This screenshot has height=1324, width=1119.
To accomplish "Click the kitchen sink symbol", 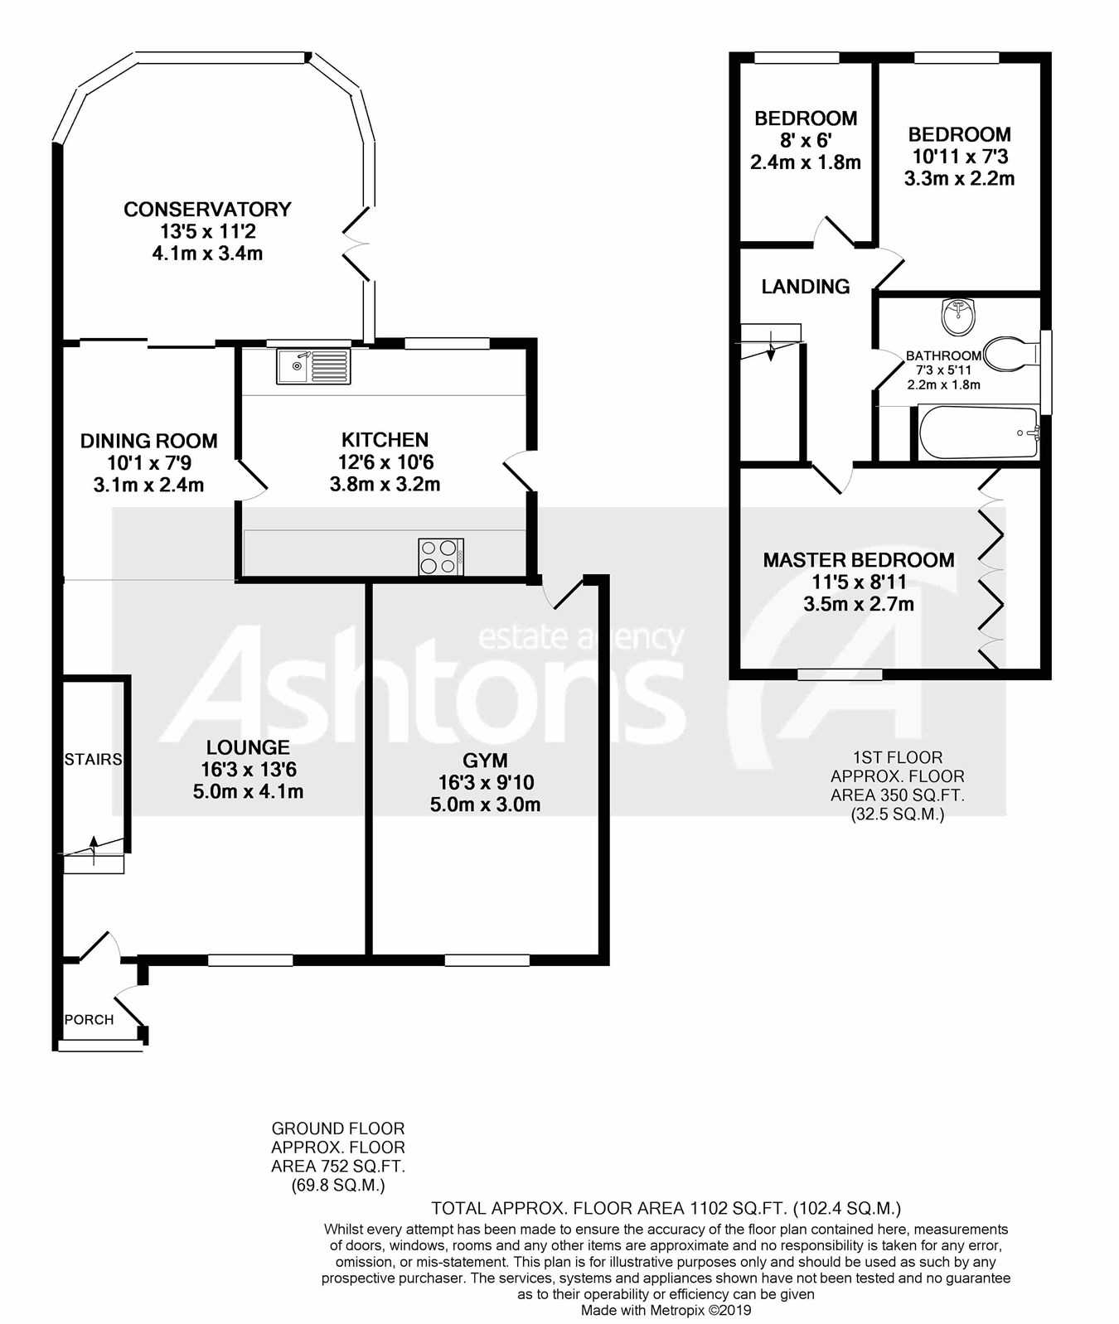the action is tap(313, 366).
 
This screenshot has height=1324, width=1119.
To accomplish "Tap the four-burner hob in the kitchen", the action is tap(441, 556).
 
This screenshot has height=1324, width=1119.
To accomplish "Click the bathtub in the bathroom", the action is tap(979, 432).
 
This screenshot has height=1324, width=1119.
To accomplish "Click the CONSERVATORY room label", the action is tap(207, 210).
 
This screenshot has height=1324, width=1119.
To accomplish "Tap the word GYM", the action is tap(485, 760).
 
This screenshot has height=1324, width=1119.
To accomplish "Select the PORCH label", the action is tap(89, 1019).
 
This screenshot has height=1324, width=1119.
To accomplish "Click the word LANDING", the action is tap(806, 287).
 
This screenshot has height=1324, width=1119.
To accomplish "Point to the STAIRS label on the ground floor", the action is tap(93, 759).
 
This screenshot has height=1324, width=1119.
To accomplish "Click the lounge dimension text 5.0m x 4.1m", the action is tap(248, 791).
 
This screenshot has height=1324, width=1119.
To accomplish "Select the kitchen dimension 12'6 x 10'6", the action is tap(385, 462).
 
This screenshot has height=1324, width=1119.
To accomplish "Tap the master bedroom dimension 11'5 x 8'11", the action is tap(859, 582).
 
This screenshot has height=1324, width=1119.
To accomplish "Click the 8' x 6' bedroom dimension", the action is tap(806, 141).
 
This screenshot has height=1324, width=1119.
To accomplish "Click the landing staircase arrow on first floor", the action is tap(771, 349).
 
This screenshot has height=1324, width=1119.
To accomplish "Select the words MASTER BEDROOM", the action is tap(859, 560).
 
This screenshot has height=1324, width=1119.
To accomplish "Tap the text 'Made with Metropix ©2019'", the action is tap(666, 1310).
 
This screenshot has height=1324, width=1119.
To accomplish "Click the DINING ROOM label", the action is tap(149, 441).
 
